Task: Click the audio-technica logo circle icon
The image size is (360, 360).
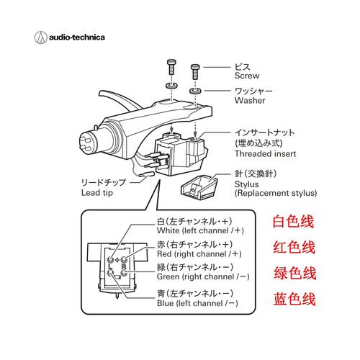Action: click(x=40, y=37)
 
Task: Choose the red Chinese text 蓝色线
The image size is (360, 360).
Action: click(x=295, y=299)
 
